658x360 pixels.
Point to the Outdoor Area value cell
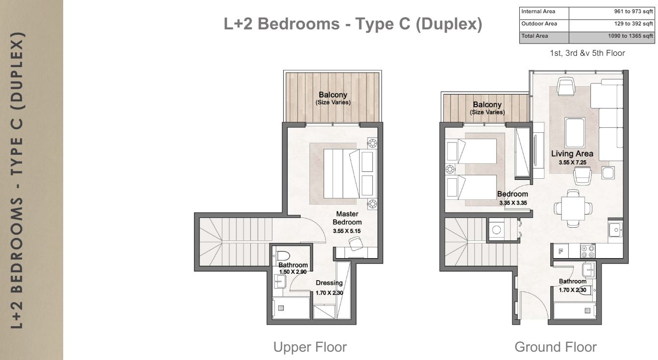tap(611, 24)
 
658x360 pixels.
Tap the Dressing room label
tap(329, 283)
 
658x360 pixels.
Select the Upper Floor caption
tap(310, 347)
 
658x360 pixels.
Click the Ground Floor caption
tap(556, 347)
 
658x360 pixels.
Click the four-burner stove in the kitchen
tap(587, 251)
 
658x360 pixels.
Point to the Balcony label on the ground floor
tap(487, 105)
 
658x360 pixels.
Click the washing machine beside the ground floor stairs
tap(497, 230)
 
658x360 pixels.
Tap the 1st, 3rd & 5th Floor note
tap(587, 53)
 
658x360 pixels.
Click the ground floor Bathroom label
tap(573, 281)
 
